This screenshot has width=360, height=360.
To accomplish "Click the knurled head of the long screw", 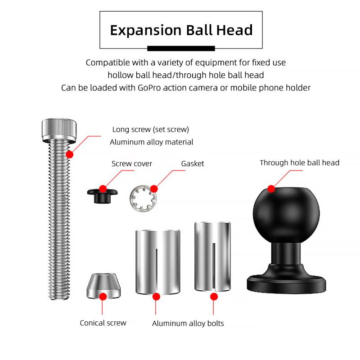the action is click(59, 130).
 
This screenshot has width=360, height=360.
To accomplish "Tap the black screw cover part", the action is click(103, 195).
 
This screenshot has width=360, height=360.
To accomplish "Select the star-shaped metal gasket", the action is click(143, 198).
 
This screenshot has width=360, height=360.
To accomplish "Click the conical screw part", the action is click(103, 286).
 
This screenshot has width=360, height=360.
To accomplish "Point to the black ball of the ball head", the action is click(286, 215).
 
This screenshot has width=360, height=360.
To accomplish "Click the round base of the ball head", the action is click(286, 283).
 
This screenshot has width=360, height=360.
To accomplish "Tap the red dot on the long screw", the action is click(70, 154).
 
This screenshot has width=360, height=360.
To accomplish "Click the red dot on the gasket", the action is click(154, 189).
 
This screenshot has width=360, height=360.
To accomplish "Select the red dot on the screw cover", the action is click(103, 189).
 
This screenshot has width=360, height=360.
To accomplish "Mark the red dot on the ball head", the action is click(271, 189).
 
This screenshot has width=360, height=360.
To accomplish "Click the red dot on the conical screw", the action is click(103, 297).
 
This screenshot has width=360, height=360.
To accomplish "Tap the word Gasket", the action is click(193, 164).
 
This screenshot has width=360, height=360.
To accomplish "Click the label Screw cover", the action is click(131, 164).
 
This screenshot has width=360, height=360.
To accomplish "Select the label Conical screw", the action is click(103, 323).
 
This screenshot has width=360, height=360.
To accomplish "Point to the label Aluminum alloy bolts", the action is click(188, 324).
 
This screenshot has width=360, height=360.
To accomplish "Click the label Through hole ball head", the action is click(299, 163).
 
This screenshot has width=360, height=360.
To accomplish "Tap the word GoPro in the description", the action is click(149, 88).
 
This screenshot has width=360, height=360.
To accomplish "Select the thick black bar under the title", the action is click(181, 48).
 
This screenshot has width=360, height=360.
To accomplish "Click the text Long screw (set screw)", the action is click(151, 130).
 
